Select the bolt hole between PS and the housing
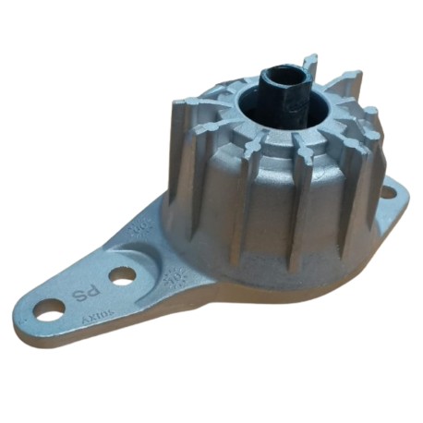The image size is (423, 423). pyautogui.click(x=121, y=274)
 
